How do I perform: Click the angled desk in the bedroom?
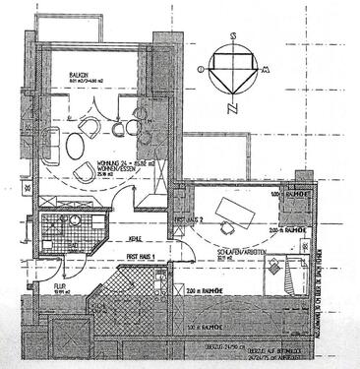pyautogui.click(x=234, y=209)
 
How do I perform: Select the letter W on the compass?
pyautogui.click(x=200, y=71)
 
